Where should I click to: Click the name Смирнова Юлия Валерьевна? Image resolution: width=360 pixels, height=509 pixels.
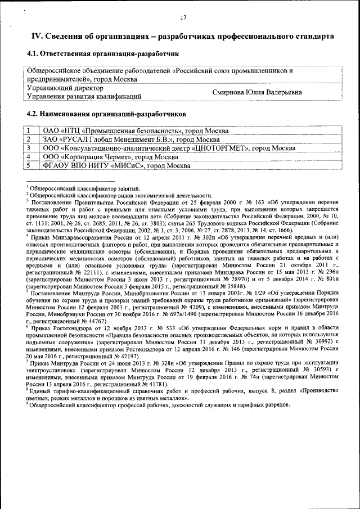point(257,92)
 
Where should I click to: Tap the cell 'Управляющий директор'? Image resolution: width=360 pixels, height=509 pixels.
point(65,88)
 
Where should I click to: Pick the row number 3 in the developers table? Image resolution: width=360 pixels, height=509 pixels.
point(28,148)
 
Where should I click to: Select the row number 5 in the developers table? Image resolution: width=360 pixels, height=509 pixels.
point(28,165)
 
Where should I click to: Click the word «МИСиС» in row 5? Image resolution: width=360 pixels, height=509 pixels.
point(130,165)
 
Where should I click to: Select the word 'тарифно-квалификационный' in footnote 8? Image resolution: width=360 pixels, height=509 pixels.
point(79,391)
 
